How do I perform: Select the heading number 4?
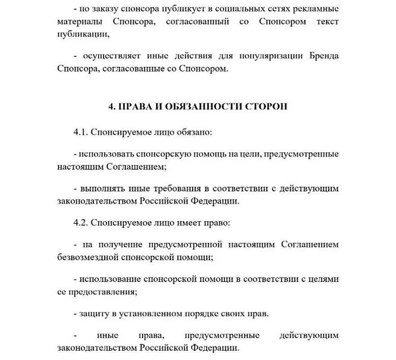[x=112, y=107]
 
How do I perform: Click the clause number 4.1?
[x=81, y=132]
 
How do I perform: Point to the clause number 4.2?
[x=81, y=222]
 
